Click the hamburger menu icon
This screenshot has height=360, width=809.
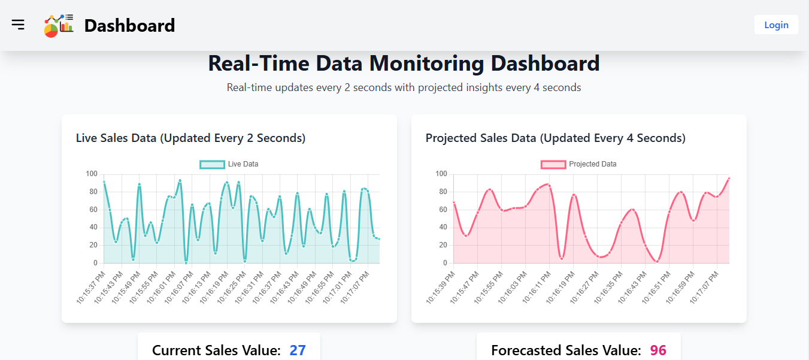(18, 25)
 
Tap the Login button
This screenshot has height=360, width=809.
(776, 25)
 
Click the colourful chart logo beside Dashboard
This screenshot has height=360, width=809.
(59, 26)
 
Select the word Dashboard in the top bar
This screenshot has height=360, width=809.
(129, 26)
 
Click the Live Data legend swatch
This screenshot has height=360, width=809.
(212, 164)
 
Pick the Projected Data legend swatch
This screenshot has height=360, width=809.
(553, 164)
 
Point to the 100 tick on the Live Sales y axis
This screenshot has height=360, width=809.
(91, 174)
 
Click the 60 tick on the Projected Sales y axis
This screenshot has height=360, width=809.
(441, 210)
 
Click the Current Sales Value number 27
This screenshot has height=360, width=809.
(298, 350)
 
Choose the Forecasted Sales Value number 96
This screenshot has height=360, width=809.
(658, 350)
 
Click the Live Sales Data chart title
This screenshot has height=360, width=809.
(190, 138)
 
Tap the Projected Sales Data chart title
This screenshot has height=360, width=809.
(555, 138)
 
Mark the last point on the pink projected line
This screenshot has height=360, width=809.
(729, 178)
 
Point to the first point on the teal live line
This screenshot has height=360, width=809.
(104, 182)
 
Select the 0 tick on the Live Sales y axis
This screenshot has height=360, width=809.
(94, 263)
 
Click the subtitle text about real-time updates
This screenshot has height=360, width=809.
(404, 87)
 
